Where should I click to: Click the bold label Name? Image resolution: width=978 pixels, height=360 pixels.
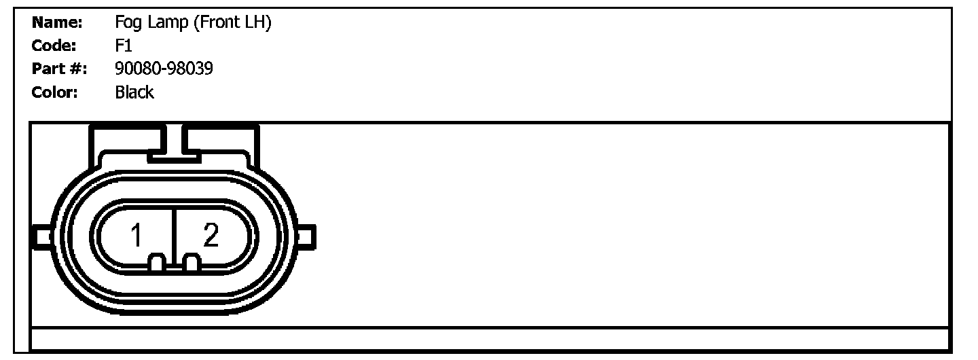57,23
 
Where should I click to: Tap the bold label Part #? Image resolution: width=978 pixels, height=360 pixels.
59,69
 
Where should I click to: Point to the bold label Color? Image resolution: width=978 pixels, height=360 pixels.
56,92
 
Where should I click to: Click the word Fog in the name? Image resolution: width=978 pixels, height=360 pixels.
128,23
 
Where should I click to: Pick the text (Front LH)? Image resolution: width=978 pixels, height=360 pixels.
233,23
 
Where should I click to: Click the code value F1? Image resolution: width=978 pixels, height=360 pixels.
123,46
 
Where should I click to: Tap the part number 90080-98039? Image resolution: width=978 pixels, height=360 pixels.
164,69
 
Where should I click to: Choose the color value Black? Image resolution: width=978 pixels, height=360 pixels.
134,92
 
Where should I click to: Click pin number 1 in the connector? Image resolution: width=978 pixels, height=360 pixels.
137,236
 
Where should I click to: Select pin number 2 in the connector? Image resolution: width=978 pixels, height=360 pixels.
211,236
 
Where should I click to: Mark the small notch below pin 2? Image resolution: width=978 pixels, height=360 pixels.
192,263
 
